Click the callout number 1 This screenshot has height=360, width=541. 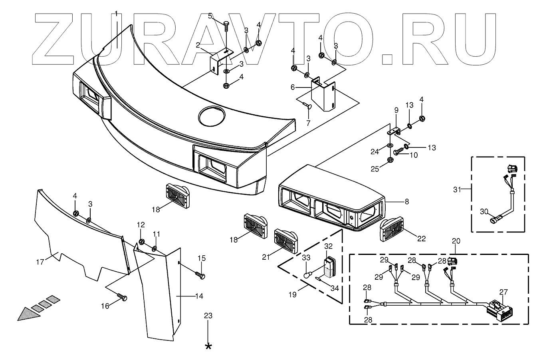tap(116, 14)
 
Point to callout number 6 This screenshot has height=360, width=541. tap(304, 86)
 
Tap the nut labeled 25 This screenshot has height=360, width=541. tap(390, 160)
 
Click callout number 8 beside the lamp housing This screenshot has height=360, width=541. tap(407, 202)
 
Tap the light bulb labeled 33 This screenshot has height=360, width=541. tap(307, 275)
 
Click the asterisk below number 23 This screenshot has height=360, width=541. tap(208, 346)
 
